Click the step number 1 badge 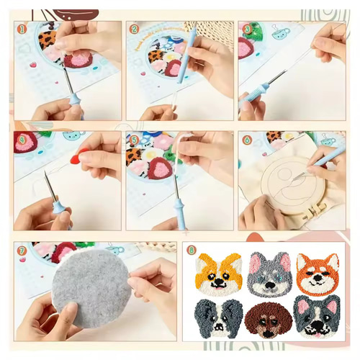point(22,29)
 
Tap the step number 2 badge point(135,29)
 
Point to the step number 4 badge point(22,140)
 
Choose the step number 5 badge point(135,140)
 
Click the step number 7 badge point(22,251)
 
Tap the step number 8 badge point(191,250)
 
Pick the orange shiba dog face point(318,273)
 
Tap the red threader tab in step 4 point(81,153)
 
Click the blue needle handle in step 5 point(179,213)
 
